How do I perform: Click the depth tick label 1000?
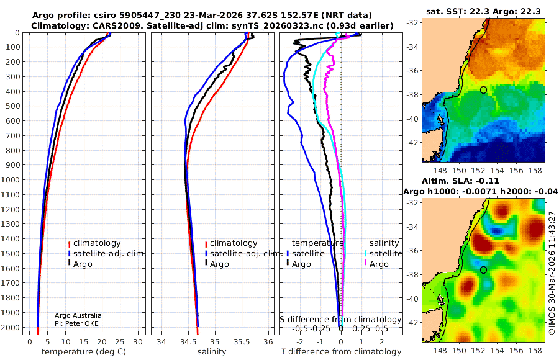click(x=11, y=179)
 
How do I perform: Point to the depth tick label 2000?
click(x=11, y=327)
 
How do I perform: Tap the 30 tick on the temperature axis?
click(x=138, y=342)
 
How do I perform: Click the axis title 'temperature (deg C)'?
click(x=84, y=352)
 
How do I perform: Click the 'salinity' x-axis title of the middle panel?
click(x=212, y=352)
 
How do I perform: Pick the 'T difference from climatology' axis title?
click(x=341, y=352)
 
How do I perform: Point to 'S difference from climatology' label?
click(x=340, y=320)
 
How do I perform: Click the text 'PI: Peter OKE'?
click(x=76, y=323)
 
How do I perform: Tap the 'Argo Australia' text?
click(x=78, y=315)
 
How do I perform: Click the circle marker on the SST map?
click(x=483, y=90)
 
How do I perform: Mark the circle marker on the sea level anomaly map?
click(x=483, y=270)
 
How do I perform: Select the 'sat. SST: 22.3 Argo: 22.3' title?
click(x=483, y=11)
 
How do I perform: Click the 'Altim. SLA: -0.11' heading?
click(x=460, y=181)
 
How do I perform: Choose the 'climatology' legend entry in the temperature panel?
click(x=94, y=243)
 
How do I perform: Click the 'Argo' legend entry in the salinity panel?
click(x=216, y=264)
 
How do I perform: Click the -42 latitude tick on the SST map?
click(x=412, y=143)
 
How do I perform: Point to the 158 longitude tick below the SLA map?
click(x=535, y=350)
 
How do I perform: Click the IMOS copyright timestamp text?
click(x=552, y=273)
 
